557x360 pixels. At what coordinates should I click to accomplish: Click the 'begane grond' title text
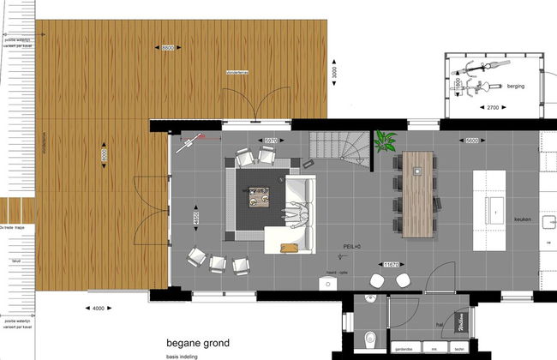pos(199,344)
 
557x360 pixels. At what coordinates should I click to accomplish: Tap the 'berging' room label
pos(515,87)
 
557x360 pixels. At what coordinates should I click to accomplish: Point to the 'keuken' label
pos(524,219)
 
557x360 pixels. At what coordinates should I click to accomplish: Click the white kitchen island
pos(494,206)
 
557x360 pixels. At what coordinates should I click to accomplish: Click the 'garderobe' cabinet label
pos(404,351)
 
